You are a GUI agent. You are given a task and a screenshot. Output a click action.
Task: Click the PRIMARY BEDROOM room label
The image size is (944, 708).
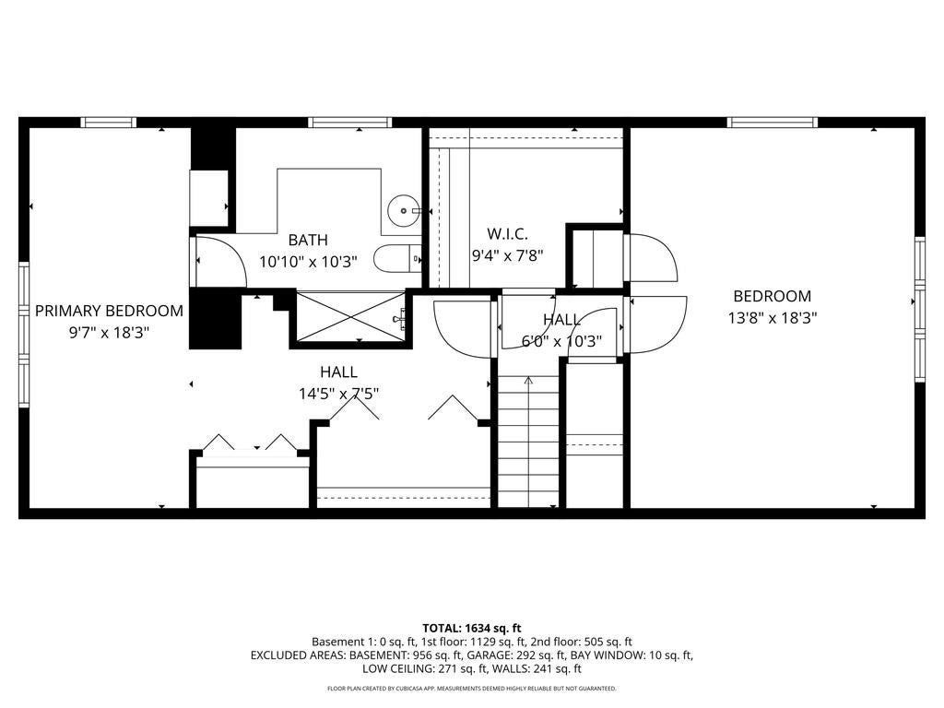click(109, 311)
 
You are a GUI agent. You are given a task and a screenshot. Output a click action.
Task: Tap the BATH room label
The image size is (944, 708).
click(308, 240)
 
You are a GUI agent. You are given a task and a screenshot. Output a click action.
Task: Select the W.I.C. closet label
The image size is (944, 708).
click(507, 233)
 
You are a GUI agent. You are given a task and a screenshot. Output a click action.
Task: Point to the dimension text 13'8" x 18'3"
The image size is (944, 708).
click(772, 317)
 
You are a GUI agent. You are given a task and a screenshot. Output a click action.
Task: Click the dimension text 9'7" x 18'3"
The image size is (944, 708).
click(109, 332)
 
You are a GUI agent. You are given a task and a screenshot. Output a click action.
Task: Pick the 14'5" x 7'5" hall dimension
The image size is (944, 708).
click(339, 394)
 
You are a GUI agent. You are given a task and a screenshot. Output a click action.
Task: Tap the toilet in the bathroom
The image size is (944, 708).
click(397, 259)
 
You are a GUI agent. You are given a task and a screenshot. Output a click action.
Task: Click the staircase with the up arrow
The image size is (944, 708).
click(528, 442)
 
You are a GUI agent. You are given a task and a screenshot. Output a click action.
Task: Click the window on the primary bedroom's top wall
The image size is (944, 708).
click(109, 123)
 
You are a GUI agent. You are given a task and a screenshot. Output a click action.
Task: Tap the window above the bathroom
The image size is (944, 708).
click(349, 123)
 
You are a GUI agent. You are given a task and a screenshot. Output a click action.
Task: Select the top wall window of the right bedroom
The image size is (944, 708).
click(773, 123)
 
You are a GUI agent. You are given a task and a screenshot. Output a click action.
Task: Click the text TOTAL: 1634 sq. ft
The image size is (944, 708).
click(471, 629)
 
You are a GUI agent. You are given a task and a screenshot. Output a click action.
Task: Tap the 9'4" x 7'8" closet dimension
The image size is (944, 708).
click(507, 255)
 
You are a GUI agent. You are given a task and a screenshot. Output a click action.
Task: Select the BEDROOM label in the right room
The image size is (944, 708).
click(772, 296)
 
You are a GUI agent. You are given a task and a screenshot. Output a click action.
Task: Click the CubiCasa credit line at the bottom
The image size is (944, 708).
click(471, 688)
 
